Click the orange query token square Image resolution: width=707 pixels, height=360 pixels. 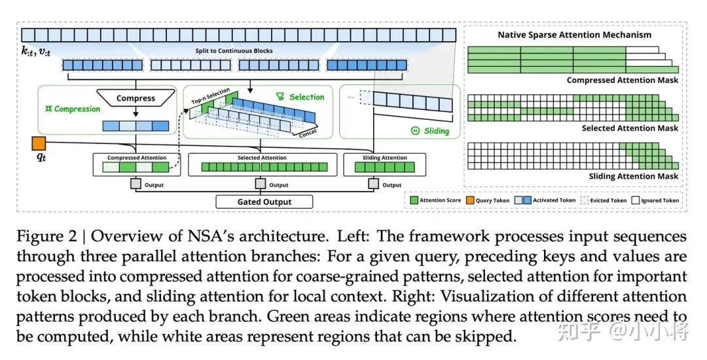click(x=39, y=143)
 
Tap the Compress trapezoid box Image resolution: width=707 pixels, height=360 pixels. click(x=136, y=98)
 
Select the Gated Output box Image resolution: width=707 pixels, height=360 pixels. click(x=264, y=202)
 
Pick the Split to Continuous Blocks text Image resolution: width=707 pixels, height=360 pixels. click(x=234, y=51)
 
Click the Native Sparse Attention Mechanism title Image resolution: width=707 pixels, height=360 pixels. click(x=575, y=35)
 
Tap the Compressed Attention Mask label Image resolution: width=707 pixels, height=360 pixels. click(x=623, y=81)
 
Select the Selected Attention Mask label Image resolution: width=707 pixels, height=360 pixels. click(x=630, y=128)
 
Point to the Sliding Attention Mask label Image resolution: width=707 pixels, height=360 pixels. click(x=634, y=176)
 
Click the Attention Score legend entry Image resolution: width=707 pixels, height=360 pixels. click(x=435, y=200)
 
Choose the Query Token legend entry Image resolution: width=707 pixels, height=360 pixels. click(x=488, y=200)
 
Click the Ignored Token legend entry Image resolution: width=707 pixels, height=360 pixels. click(x=655, y=200)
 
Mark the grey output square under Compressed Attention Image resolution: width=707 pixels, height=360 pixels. click(x=136, y=184)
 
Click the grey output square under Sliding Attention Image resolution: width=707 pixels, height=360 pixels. click(x=373, y=184)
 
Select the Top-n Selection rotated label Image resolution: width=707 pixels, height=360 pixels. click(x=211, y=96)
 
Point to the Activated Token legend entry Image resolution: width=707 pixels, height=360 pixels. click(x=545, y=200)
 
